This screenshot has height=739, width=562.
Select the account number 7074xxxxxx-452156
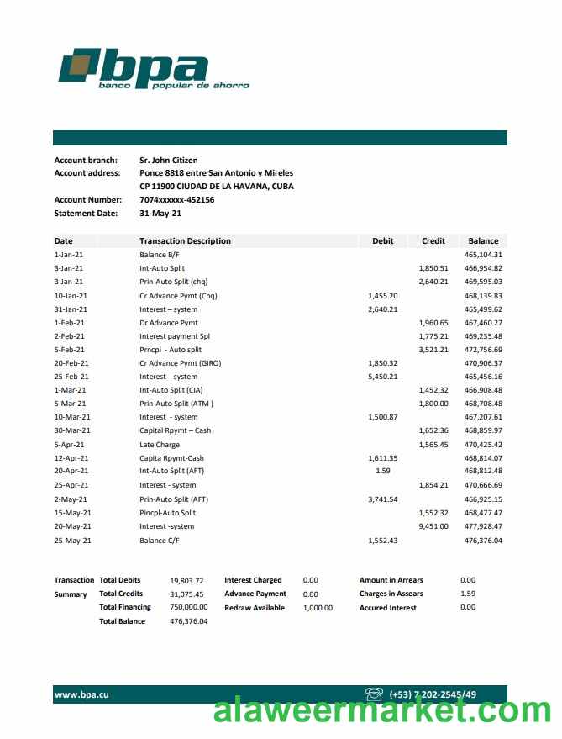click(176, 200)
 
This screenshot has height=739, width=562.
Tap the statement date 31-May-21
click(160, 214)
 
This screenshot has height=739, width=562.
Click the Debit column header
click(382, 241)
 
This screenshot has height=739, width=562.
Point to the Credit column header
click(433, 241)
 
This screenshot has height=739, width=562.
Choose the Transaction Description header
click(185, 241)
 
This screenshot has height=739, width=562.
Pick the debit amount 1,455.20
click(382, 296)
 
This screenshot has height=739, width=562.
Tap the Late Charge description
click(160, 445)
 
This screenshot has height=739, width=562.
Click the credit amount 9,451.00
click(433, 526)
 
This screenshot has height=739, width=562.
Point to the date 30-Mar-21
click(72, 431)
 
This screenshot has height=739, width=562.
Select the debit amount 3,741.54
click(382, 499)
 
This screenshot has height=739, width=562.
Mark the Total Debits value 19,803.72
click(188, 580)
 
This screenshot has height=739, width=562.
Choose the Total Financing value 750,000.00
click(188, 607)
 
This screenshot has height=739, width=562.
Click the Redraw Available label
click(255, 608)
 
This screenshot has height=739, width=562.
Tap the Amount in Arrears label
click(391, 580)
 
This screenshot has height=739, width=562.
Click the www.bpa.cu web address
click(81, 694)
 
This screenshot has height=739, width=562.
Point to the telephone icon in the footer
click(375, 694)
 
